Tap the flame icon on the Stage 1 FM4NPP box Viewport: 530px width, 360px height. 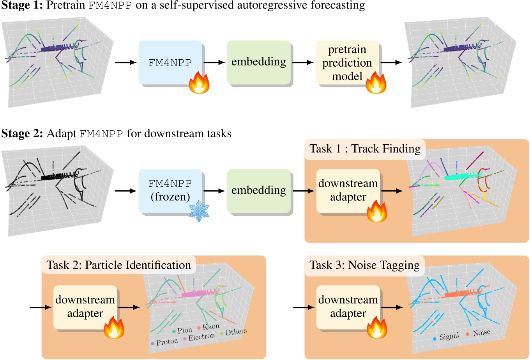coord(199,83)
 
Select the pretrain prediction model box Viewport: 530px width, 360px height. coord(347,63)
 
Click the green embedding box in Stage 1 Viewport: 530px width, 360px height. coord(259,62)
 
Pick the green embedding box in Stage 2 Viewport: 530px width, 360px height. coord(259,190)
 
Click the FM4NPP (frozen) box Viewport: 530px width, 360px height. coord(170,190)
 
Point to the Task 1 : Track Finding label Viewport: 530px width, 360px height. coord(365,149)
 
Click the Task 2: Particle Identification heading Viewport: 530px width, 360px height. coord(118,265)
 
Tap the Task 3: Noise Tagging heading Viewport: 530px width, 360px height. coord(364,265)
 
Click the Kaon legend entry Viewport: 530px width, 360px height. coord(208,327)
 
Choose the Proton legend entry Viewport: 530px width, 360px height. coord(164,342)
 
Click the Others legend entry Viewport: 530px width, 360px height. coord(234,332)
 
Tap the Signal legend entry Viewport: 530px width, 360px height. coord(447,337)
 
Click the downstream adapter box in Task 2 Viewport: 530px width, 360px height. coord(85,307)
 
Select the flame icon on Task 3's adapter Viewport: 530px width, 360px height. coord(377,328)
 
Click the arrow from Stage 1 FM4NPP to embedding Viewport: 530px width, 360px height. coord(214,62)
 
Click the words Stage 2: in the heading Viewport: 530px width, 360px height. coord(22,134)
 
